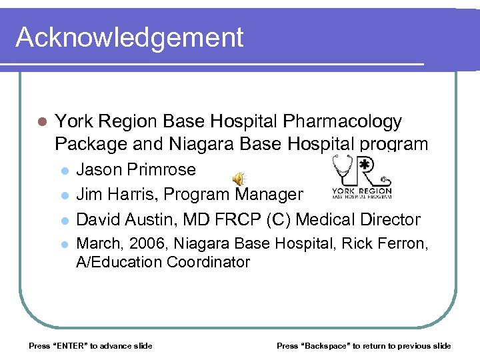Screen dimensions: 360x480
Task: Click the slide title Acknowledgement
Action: [x=129, y=37]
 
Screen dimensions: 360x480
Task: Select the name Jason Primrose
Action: [x=136, y=169]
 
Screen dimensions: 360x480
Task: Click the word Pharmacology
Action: [x=343, y=121]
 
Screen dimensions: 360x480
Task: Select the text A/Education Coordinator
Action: [x=163, y=262]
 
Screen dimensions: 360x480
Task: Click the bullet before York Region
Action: [x=41, y=122]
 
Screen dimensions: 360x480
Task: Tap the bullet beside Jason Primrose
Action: [x=64, y=171]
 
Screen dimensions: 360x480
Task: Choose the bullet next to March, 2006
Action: [x=64, y=245]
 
